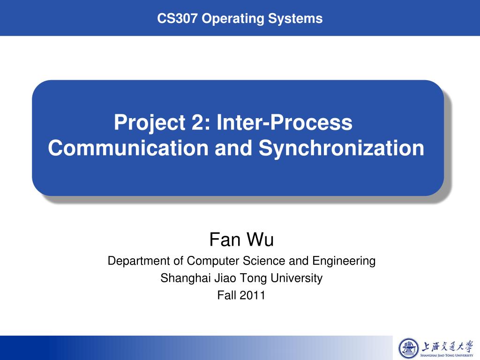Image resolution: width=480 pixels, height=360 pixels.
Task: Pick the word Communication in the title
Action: (x=128, y=148)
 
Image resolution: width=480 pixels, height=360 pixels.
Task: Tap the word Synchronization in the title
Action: (x=341, y=148)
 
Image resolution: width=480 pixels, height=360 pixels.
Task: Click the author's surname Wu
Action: (x=260, y=240)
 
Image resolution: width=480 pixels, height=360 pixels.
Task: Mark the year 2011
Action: (x=253, y=295)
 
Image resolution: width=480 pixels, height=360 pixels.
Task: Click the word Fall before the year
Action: (x=227, y=295)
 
